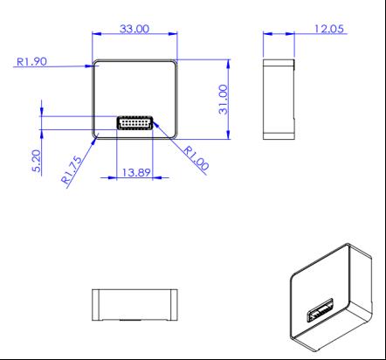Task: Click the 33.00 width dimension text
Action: click(x=134, y=29)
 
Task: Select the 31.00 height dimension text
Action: click(x=224, y=100)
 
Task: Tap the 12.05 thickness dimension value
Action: click(x=329, y=29)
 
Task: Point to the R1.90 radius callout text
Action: click(x=31, y=61)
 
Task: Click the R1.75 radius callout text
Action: click(x=72, y=170)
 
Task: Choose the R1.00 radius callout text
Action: click(x=196, y=158)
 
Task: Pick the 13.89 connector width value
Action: click(x=136, y=172)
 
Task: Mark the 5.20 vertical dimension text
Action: click(x=36, y=161)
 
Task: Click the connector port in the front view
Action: click(x=134, y=122)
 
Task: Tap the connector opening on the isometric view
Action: click(x=321, y=310)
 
